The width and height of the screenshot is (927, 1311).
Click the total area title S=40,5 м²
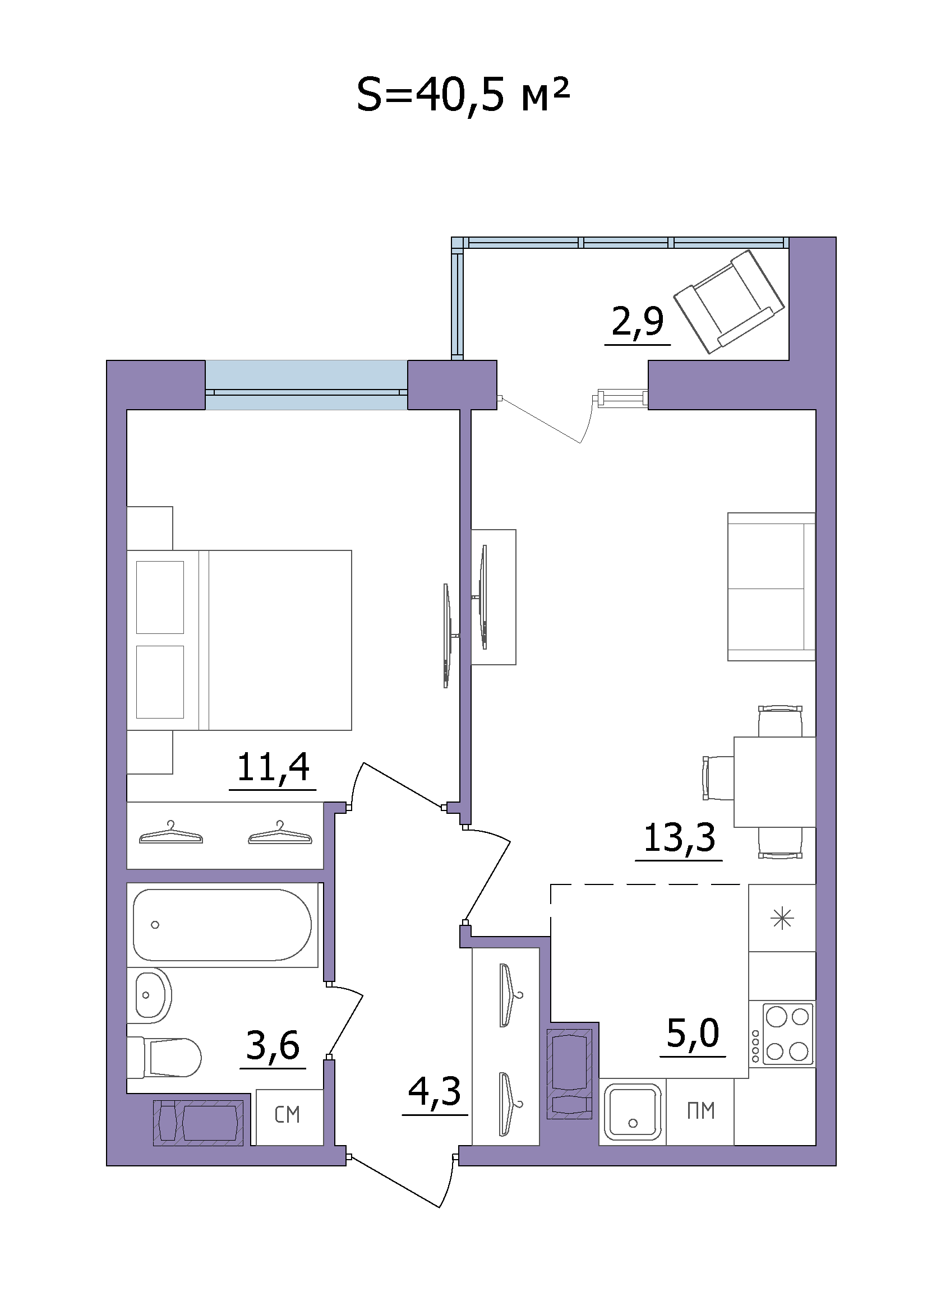(463, 95)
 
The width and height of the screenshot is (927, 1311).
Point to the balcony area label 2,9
(638, 321)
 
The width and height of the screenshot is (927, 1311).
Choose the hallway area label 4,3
(435, 1092)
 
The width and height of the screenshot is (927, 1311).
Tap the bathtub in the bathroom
(222, 925)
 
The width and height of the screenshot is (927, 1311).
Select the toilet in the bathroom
(164, 1058)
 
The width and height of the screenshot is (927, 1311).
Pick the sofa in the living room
(772, 587)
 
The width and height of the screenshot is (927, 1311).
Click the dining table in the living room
(774, 782)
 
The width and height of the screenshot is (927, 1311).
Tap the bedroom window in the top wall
(306, 385)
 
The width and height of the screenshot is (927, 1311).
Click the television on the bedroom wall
(447, 636)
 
